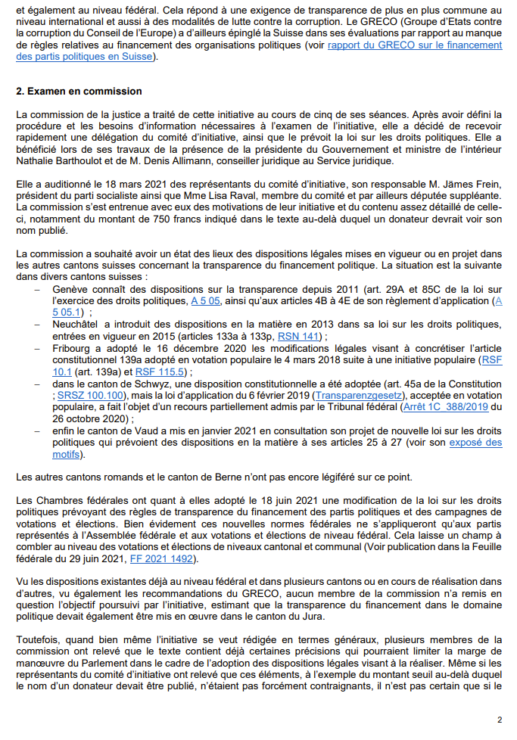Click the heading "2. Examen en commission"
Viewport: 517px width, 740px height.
pyautogui.click(x=79, y=92)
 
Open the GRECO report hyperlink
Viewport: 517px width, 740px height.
pyautogui.click(x=415, y=45)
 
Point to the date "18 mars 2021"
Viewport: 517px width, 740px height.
pyautogui.click(x=117, y=184)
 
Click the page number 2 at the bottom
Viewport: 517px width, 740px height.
pyautogui.click(x=500, y=720)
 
